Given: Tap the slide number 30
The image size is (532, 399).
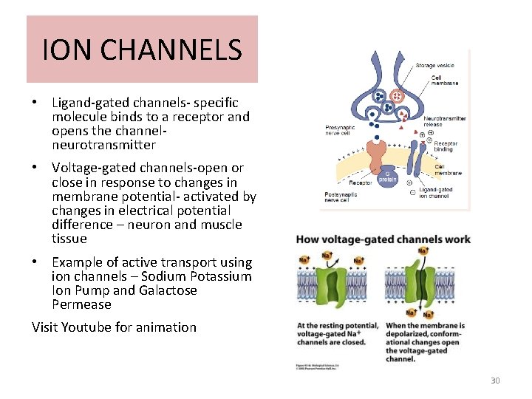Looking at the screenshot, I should (x=495, y=381).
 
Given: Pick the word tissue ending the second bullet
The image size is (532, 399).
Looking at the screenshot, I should (x=69, y=239).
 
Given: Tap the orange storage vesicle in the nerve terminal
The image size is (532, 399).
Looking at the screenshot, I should (x=397, y=97).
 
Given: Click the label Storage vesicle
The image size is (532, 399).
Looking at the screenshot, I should (x=434, y=66).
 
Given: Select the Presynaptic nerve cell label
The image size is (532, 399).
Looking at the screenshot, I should (x=341, y=131).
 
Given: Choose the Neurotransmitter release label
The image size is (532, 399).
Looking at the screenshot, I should (x=444, y=121).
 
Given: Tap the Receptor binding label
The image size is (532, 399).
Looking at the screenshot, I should (x=446, y=146).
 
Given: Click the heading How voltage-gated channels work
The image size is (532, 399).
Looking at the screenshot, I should (x=383, y=239).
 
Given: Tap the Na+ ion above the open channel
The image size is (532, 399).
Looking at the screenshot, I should (x=423, y=252).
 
